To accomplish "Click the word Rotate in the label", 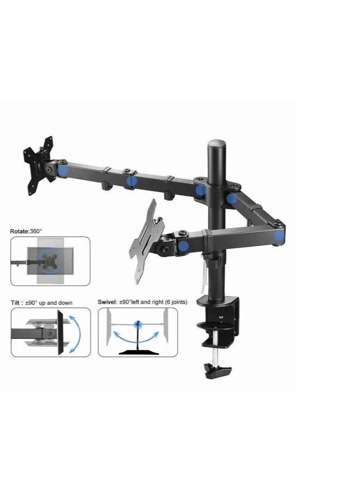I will click(18, 231).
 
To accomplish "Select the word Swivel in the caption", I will click(107, 302).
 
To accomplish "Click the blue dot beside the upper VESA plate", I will click(62, 170).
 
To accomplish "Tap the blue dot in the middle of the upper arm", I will click(132, 181).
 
